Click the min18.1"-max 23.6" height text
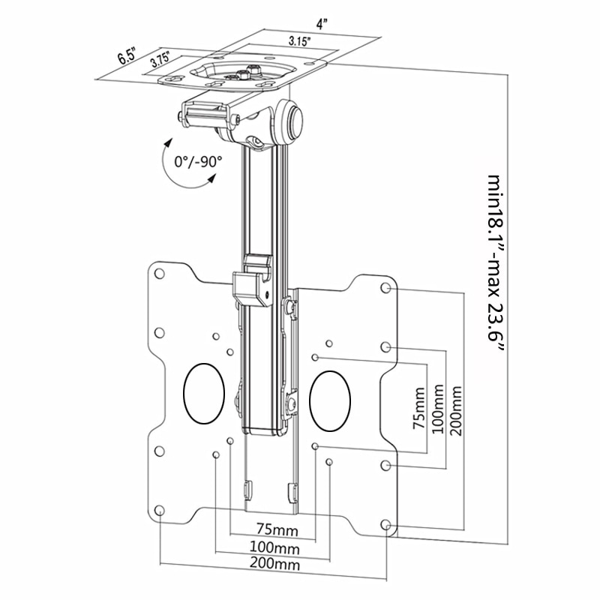coord(495,269)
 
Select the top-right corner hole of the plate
coord(385,288)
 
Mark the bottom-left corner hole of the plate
coord(160,511)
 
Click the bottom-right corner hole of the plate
coord(385,524)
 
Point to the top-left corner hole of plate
coord(160,274)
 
